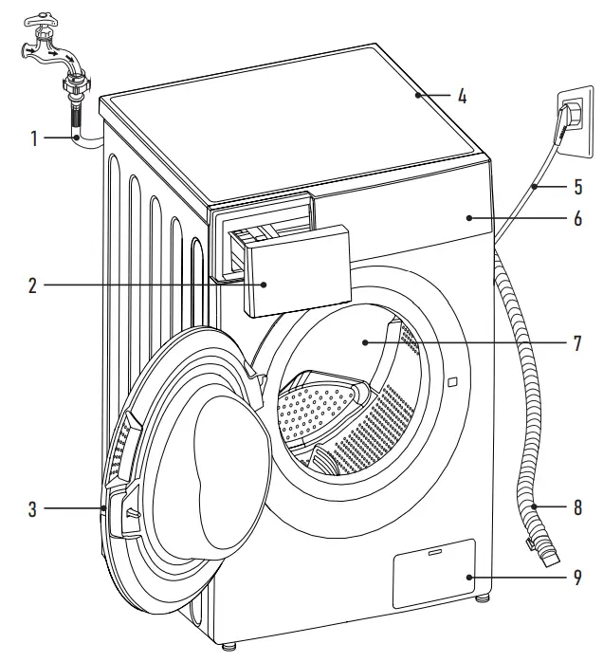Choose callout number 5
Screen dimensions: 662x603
point(575,188)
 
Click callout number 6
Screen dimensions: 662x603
point(575,217)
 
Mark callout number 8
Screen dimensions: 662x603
point(575,507)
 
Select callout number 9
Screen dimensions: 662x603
point(575,576)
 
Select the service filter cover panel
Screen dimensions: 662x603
point(433,572)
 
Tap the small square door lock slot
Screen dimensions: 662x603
point(451,382)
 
